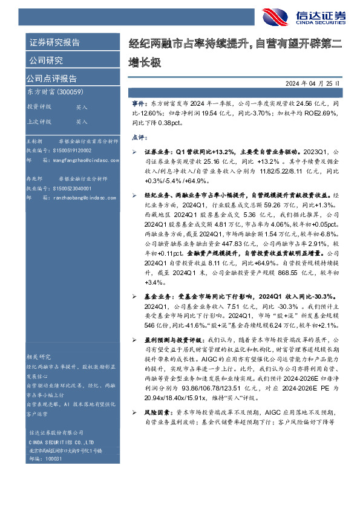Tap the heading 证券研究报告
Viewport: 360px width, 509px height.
pyautogui.click(x=54, y=43)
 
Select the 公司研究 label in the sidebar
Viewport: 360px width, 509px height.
pyautogui.click(x=46, y=60)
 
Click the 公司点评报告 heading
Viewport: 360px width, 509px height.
pyautogui.click(x=51, y=79)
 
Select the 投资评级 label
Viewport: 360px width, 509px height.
pyautogui.click(x=39, y=106)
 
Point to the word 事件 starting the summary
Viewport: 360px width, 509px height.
pyautogui.click(x=139, y=105)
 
